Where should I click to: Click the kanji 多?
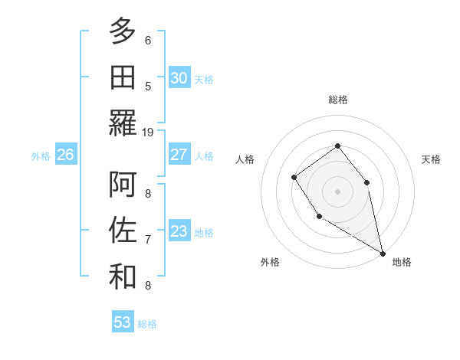click(123, 31)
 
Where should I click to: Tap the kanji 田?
click(123, 77)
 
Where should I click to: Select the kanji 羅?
click(123, 123)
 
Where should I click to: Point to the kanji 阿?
click(123, 184)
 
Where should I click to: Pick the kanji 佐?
click(123, 230)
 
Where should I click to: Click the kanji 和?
click(123, 277)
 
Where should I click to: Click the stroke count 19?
click(148, 132)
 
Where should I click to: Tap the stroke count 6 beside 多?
click(148, 40)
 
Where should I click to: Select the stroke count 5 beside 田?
click(148, 86)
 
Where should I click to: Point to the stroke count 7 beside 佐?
click(148, 239)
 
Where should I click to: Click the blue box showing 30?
click(179, 77)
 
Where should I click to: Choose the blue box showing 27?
click(179, 155)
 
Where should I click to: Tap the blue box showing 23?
click(179, 231)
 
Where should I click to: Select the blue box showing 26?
click(65, 155)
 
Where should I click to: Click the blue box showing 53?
click(123, 322)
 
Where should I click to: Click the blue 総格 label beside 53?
click(147, 323)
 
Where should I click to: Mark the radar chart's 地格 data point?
click(383, 253)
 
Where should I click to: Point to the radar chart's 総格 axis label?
click(338, 100)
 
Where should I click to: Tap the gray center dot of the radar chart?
click(337, 191)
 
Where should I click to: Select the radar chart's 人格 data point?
click(294, 178)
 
